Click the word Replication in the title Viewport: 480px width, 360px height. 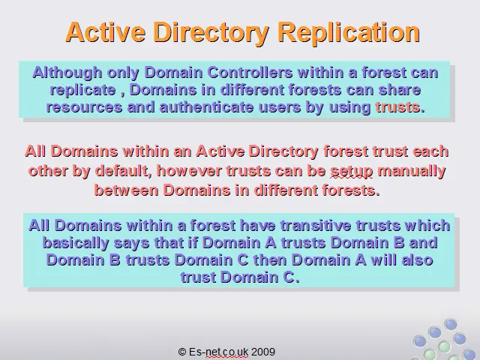tap(349, 32)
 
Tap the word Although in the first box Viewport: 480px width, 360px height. tap(67, 73)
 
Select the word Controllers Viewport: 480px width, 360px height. tap(250, 73)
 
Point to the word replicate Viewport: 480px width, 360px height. tap(83, 90)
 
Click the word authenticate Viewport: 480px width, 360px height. tap(207, 107)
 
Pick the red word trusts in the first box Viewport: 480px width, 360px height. tap(397, 107)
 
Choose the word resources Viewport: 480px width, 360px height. tap(84, 107)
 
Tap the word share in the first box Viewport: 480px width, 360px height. tap(400, 90)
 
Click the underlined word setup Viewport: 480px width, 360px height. tap(352, 171)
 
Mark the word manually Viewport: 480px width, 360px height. tap(412, 171)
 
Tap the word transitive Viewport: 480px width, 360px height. tap(316, 226)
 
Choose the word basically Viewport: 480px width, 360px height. tap(76, 243)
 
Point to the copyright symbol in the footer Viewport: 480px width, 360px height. tap(182, 352)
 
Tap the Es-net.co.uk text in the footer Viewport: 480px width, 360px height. tap(218, 352)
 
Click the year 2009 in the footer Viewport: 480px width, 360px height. tap(263, 352)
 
